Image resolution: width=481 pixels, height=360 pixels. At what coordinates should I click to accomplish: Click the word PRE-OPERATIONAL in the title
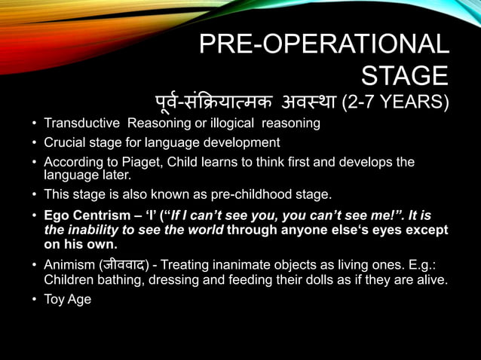point(323,44)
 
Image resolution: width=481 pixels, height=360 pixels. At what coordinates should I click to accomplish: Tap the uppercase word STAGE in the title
point(405,76)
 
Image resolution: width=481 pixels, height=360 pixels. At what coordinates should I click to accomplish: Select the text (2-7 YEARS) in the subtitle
point(395,102)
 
